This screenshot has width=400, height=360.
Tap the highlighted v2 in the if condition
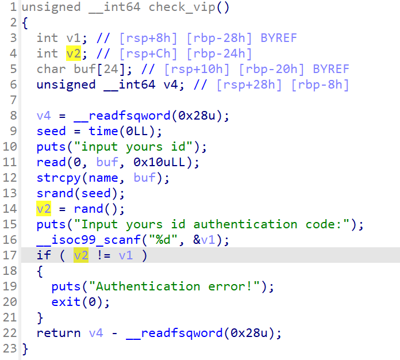click(81, 255)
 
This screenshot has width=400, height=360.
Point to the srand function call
click(55, 193)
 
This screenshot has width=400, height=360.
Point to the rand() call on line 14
click(88, 209)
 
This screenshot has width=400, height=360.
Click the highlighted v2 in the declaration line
click(74, 53)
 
